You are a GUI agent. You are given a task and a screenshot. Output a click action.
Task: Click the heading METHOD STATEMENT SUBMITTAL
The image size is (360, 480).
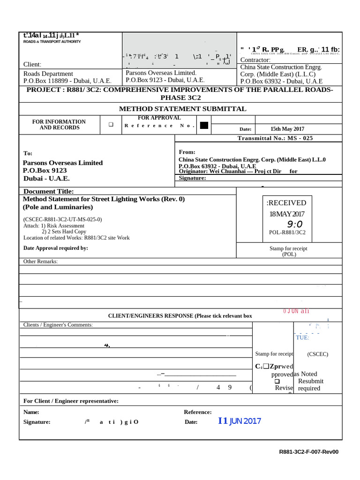(x=182, y=109)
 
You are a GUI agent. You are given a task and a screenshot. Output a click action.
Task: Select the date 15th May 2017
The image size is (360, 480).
(x=287, y=129)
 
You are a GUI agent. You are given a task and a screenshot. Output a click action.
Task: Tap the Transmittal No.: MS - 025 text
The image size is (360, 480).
(x=275, y=138)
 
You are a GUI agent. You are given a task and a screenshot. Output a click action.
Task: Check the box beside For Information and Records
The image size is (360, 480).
(x=112, y=125)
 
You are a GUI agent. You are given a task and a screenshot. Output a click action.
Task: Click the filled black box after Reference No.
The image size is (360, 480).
(x=203, y=125)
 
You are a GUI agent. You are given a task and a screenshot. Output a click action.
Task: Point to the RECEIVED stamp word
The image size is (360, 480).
(x=286, y=203)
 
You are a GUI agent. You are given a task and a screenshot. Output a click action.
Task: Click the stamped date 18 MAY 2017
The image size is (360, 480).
(x=287, y=214)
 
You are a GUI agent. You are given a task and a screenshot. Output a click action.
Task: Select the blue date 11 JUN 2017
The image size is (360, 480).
(x=240, y=421)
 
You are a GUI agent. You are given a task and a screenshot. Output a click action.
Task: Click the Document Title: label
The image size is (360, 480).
(x=48, y=191)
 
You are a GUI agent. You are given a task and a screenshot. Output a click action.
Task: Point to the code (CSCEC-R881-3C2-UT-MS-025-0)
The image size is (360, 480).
(x=62, y=219)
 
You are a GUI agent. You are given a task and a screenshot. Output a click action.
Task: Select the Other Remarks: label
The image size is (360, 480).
(x=41, y=261)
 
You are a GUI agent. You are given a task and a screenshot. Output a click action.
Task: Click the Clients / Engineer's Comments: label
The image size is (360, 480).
(x=58, y=325)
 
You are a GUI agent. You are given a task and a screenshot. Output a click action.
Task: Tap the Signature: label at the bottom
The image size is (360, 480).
(x=37, y=422)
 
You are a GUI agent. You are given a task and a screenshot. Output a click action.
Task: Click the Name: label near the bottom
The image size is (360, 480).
(x=31, y=412)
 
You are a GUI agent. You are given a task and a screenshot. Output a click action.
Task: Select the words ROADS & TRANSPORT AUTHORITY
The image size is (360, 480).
(x=52, y=42)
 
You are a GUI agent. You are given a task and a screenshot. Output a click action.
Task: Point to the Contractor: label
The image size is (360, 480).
(x=255, y=60)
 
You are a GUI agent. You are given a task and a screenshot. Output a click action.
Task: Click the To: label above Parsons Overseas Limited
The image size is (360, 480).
(x=28, y=153)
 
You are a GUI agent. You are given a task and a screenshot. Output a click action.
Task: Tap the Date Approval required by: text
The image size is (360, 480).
(x=56, y=248)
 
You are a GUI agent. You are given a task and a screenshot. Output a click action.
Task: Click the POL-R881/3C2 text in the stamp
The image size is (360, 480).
(x=287, y=232)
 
